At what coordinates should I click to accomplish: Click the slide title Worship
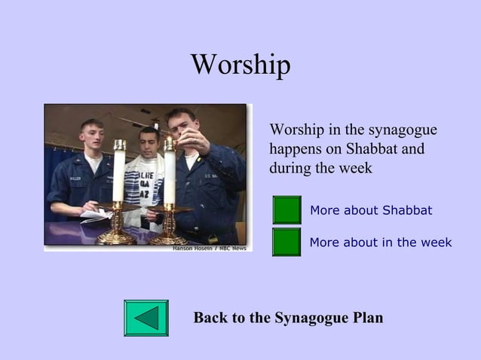pyautogui.click(x=240, y=65)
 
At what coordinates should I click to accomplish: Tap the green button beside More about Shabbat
pyautogui.click(x=286, y=210)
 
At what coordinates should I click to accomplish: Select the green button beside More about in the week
pyautogui.click(x=286, y=243)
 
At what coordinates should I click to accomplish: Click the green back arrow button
pyautogui.click(x=146, y=317)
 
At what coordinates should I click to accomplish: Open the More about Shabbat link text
pyautogui.click(x=371, y=210)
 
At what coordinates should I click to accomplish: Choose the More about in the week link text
pyautogui.click(x=381, y=243)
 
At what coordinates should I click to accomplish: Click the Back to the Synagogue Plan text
pyautogui.click(x=288, y=318)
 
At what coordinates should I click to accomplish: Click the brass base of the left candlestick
pyautogui.click(x=116, y=235)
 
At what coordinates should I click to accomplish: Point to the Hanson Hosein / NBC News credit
pyautogui.click(x=209, y=248)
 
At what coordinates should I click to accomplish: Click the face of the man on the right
pyautogui.click(x=181, y=129)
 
